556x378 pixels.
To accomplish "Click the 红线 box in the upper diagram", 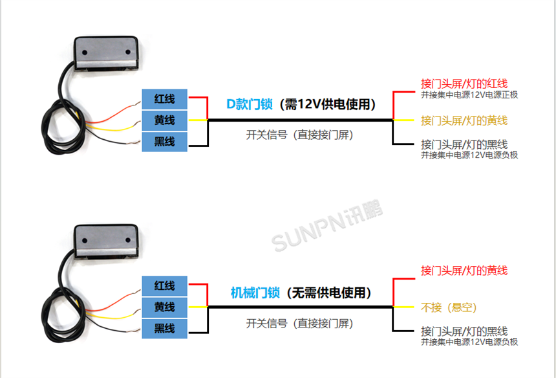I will point(165,99).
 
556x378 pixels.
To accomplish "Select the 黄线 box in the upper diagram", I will point(165,120).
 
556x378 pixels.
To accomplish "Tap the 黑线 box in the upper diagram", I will point(165,141).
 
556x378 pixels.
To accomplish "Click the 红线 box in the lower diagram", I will point(165,285).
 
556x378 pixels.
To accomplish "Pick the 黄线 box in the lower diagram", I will point(165,307).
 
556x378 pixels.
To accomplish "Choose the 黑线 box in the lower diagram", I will point(165,328).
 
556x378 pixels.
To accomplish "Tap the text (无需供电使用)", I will point(329,293).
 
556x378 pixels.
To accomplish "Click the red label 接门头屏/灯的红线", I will point(464,83).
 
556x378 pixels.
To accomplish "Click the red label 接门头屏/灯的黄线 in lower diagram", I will point(464,270).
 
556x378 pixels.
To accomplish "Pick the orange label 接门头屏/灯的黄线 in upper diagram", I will point(464,120).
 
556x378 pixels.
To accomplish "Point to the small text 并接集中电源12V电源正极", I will point(469,94).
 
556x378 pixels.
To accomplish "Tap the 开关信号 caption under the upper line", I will point(299,135).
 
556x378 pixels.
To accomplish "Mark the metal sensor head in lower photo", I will point(106,239).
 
